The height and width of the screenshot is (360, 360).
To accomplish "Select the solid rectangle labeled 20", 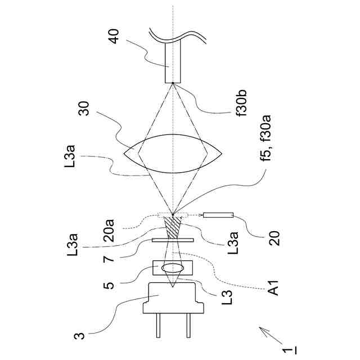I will click(218, 215).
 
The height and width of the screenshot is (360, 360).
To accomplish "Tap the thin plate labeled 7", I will click(173, 240).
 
